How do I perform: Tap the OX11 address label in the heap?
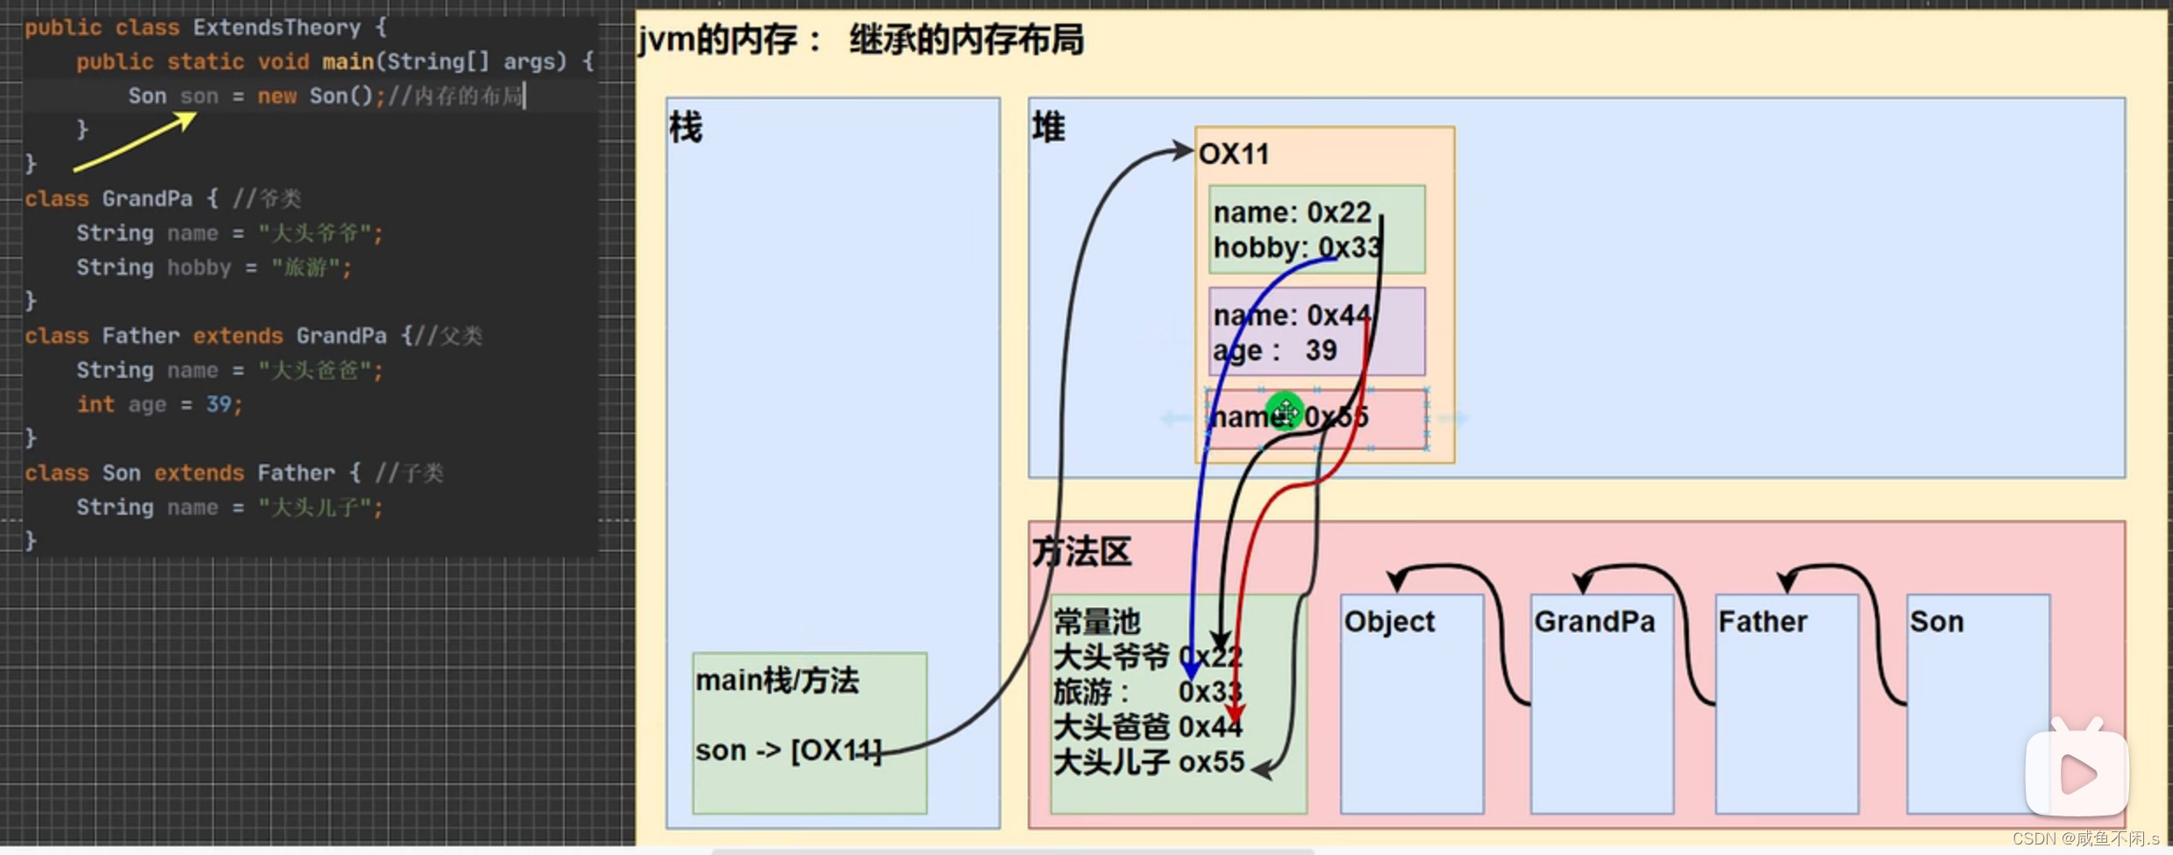(1234, 154)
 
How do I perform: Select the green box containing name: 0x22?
(1315, 229)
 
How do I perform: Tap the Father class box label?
(1763, 622)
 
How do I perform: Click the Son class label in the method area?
(1936, 622)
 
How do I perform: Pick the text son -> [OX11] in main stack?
(787, 751)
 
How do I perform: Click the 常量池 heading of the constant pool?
(1096, 622)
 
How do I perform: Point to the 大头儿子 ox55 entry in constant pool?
(1148, 763)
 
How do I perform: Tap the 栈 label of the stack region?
(686, 128)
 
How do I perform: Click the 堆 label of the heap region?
(1049, 128)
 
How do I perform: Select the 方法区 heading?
(1082, 552)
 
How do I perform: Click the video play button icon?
(2076, 773)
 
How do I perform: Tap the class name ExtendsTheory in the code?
(276, 28)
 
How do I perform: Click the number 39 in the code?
(218, 404)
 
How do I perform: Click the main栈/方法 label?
(777, 680)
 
